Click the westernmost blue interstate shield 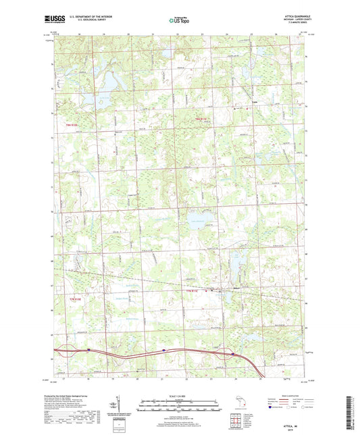[x=88, y=349]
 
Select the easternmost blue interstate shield [x=233, y=353]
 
